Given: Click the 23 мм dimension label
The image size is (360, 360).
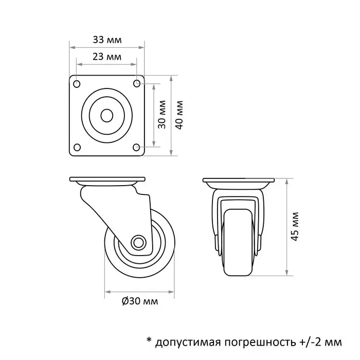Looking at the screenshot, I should click(107, 57).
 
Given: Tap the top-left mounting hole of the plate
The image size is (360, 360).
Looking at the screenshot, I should click(77, 84).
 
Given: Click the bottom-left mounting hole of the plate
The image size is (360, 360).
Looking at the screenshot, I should click(77, 148).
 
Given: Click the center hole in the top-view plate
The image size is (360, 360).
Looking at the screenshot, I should click(107, 116).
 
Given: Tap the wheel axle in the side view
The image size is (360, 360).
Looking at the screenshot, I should click(138, 243).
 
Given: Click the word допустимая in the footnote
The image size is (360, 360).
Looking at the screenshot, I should click(188, 341).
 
